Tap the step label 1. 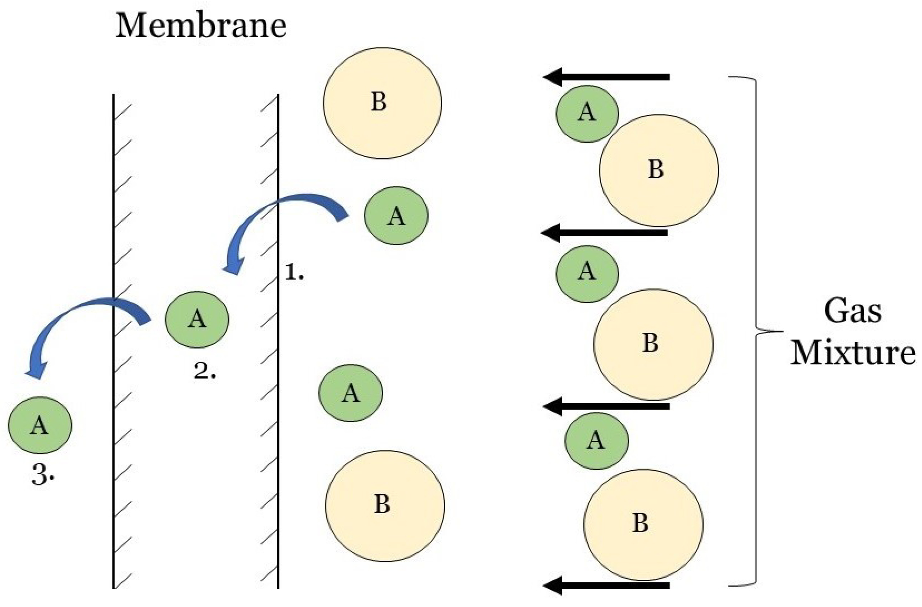pos(294,273)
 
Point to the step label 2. pos(204,372)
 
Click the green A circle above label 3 pos(40,425)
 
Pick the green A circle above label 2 pos(197,320)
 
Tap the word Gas pos(852,312)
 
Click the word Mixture pos(852,353)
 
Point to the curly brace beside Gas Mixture pos(755,331)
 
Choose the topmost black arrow pos(606,77)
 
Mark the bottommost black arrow pos(606,586)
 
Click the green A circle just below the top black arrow pos(587,113)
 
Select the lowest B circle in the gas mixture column pos(643,525)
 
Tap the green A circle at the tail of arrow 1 pos(396,216)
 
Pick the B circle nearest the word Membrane pos(382,103)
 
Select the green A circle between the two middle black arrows pos(587,274)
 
